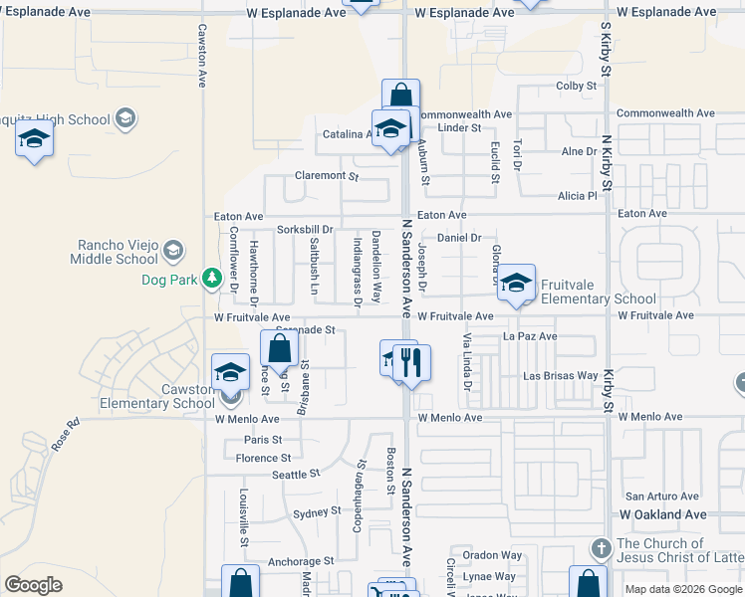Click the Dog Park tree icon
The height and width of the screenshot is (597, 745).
(211, 278)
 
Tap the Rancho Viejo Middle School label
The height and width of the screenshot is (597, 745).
(115, 253)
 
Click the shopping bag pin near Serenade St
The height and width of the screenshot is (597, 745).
(279, 348)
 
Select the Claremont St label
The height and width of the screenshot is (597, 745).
(326, 176)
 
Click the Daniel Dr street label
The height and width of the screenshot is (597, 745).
(459, 238)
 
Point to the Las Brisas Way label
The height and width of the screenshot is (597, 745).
(561, 376)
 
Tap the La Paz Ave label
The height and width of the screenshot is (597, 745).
(530, 337)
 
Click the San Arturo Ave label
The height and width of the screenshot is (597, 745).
(662, 496)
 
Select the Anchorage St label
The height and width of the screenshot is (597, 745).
(300, 562)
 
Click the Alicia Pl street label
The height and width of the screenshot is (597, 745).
(577, 196)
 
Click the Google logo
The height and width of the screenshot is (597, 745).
(33, 585)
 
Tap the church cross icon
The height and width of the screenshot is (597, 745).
(600, 548)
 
